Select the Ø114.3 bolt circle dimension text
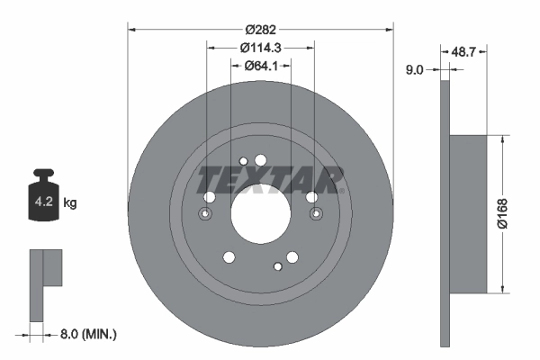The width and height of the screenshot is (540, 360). point(261,48)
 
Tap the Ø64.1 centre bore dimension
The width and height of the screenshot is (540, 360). point(261,66)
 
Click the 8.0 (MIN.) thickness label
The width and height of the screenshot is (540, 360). point(85,334)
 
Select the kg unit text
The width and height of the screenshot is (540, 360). point(70,203)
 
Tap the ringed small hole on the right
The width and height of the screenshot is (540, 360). point(316,214)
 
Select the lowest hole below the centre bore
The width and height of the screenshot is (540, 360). point(274,266)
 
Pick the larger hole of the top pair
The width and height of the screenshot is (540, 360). point(261,160)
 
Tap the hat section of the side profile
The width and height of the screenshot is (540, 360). point(468,213)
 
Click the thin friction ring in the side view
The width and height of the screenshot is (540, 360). point(445,213)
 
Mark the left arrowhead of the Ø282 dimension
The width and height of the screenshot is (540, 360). point(131,30)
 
